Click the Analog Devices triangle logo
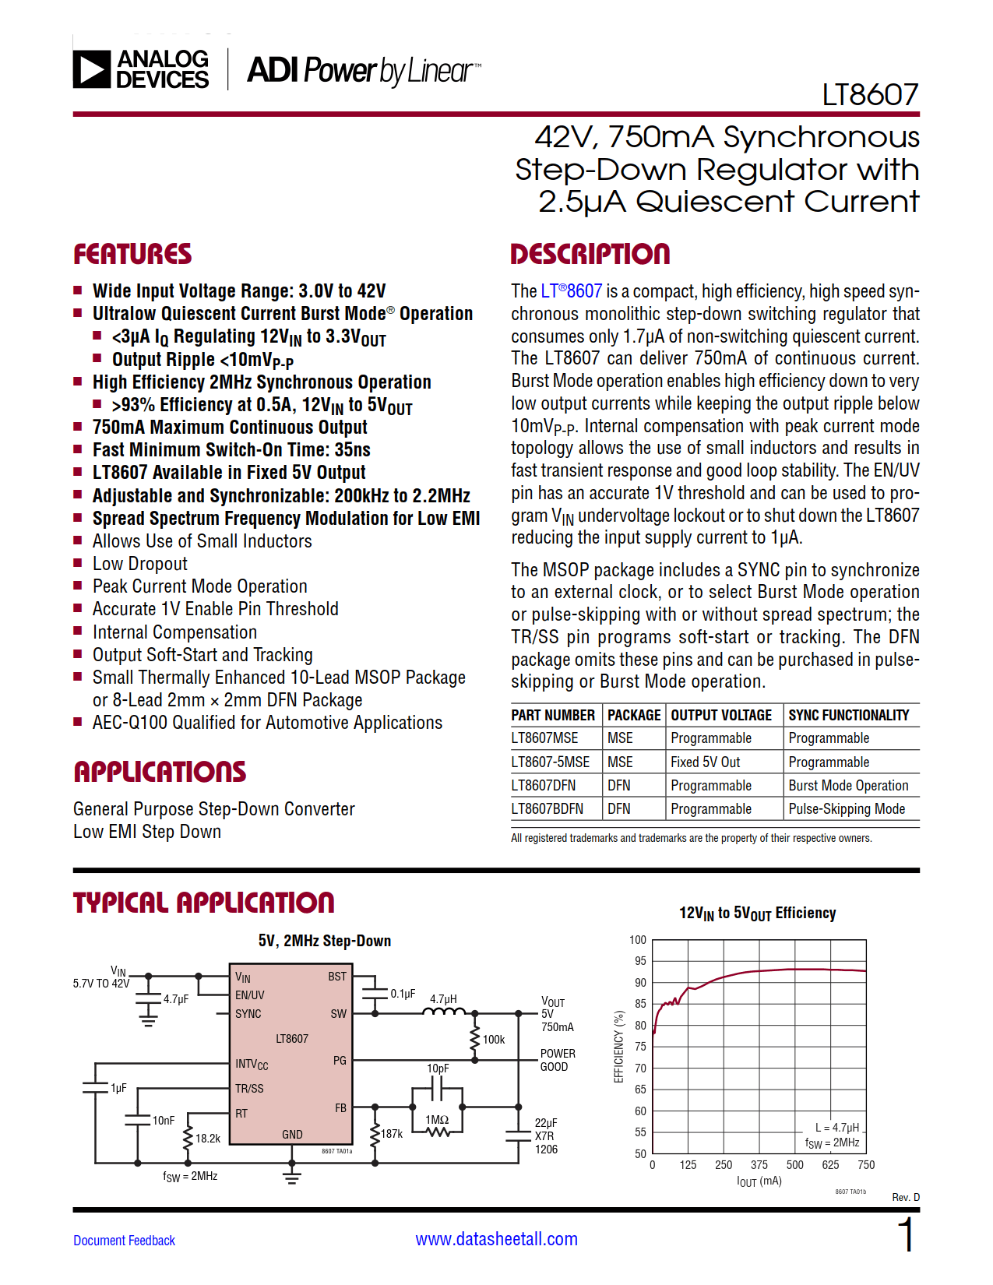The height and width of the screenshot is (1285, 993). coord(92,69)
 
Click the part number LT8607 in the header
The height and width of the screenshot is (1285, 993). coord(871,95)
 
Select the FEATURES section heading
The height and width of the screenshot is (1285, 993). coord(132,254)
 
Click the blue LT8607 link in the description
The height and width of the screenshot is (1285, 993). coord(572,291)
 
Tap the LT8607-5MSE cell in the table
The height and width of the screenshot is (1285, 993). coord(550,762)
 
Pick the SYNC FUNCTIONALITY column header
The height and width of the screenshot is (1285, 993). coord(849,715)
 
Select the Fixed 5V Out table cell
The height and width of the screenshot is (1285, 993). coord(706,762)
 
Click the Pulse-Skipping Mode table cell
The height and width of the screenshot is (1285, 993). coord(847,808)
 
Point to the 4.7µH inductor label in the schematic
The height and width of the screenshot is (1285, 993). coord(443,998)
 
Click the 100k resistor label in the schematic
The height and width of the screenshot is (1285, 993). coord(494,1040)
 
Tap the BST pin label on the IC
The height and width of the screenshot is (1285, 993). coord(337,977)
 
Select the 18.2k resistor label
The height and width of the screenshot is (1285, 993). coord(208,1139)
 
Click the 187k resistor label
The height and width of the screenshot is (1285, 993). coord(392,1134)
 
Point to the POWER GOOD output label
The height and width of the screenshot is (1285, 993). coord(558,1060)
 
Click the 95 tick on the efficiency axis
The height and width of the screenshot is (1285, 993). coord(640,961)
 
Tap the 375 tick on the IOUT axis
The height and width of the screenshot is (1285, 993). coord(759,1165)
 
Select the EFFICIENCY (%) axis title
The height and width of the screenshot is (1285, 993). coord(619,1047)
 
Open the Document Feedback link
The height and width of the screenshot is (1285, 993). coord(125,1241)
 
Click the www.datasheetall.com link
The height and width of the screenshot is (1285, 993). coord(497,1239)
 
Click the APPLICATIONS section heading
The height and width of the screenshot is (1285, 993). coord(160,772)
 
